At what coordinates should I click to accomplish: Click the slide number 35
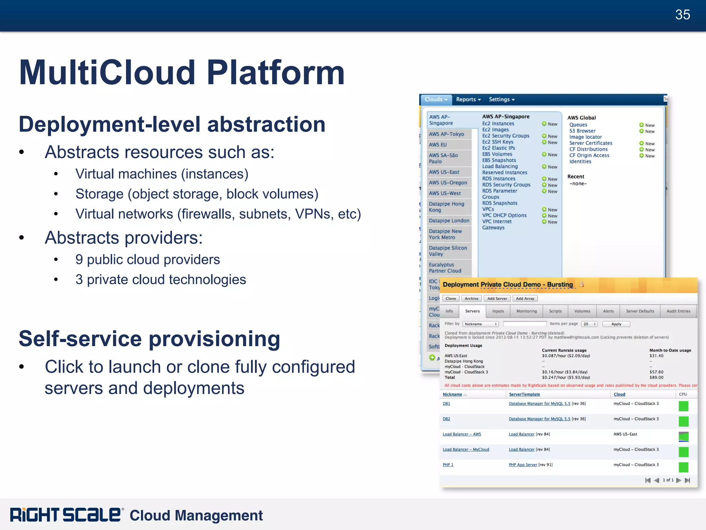tap(682, 15)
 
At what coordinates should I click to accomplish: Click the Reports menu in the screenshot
tap(468, 99)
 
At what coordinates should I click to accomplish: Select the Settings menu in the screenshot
tap(501, 99)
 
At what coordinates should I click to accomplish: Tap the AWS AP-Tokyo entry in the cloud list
tap(446, 134)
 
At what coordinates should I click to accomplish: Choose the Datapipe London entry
tap(449, 221)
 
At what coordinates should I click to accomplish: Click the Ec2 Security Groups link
tap(505, 136)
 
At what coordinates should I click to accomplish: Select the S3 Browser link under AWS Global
tap(582, 131)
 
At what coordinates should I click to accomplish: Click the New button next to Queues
tap(647, 125)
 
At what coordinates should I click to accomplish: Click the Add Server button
tap(497, 298)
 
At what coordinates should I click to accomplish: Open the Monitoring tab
tap(526, 311)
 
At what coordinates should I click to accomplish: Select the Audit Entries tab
tap(678, 311)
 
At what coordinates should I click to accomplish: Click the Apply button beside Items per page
tap(616, 324)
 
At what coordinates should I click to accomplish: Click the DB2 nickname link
tap(446, 419)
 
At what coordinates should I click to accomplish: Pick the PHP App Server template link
tap(523, 465)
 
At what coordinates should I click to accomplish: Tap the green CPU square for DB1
tap(683, 406)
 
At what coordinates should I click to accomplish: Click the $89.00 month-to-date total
tap(656, 377)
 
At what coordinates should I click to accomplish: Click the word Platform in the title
tap(275, 73)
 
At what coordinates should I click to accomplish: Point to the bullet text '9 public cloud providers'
tap(148, 259)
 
